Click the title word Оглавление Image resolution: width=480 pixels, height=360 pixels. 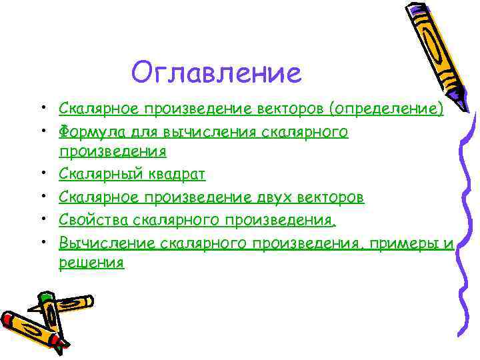click(217, 72)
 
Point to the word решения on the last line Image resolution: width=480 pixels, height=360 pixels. click(91, 262)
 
